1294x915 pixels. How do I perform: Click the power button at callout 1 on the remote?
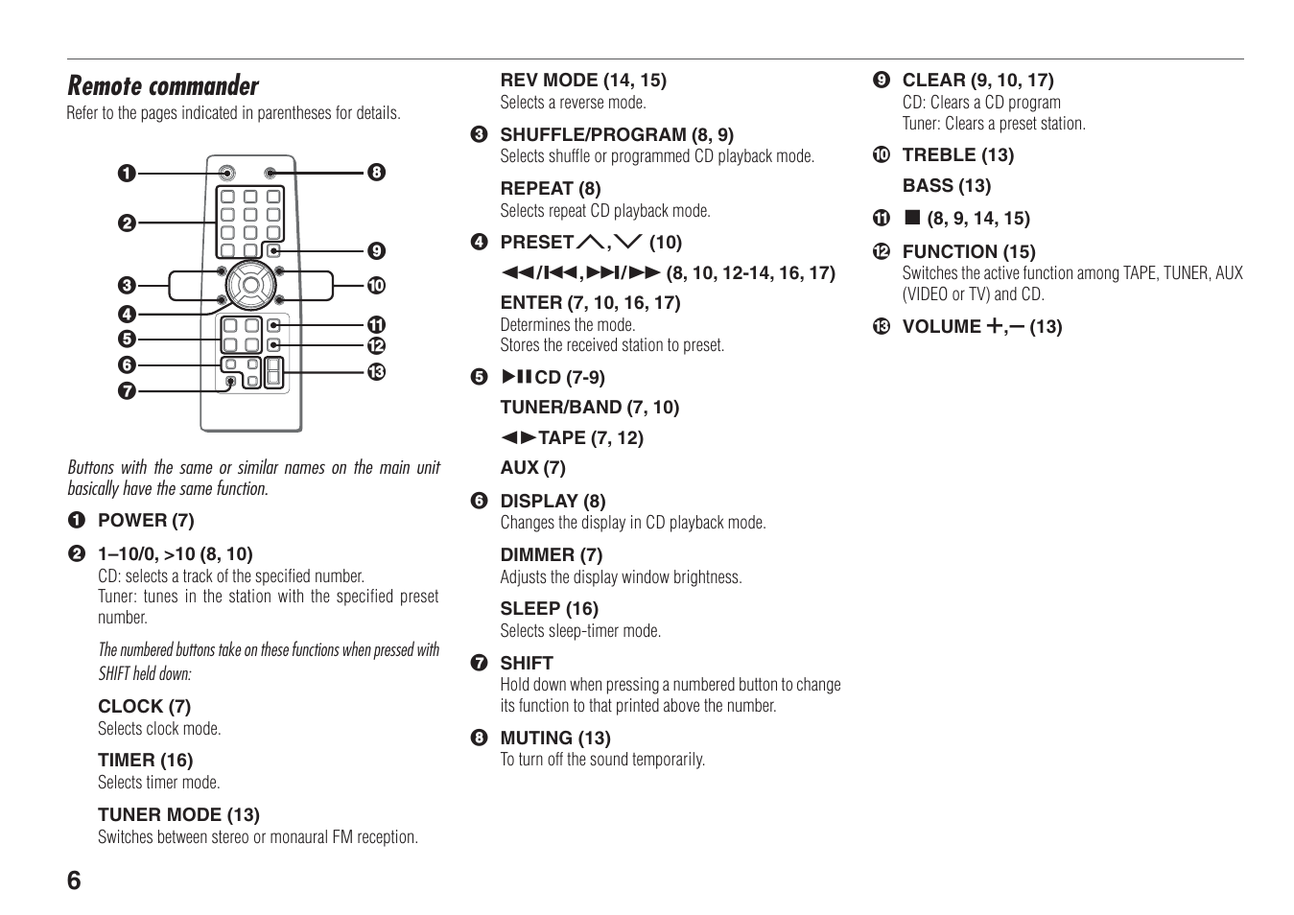point(226,174)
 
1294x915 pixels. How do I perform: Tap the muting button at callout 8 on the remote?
point(270,174)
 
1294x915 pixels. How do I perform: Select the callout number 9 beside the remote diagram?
point(376,251)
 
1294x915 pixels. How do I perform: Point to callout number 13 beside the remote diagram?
point(376,372)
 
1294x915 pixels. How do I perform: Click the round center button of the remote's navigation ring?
point(250,284)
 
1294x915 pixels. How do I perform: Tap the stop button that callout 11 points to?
point(274,325)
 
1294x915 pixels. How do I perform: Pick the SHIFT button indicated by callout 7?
point(230,382)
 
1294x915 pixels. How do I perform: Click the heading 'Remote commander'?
point(163,86)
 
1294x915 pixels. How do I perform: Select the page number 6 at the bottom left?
point(75,880)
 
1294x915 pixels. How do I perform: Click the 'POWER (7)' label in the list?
point(146,521)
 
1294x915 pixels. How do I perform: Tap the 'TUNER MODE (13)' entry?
point(178,815)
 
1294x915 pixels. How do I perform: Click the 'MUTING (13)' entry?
point(555,739)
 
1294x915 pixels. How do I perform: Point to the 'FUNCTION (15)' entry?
point(969,252)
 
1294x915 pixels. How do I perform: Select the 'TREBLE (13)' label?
point(958,155)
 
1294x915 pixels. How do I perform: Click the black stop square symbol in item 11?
point(912,218)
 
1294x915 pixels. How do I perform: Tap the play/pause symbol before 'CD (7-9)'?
point(516,377)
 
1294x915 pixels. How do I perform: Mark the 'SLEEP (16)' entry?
point(549,609)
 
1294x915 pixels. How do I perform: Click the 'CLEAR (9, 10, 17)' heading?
point(977,81)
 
